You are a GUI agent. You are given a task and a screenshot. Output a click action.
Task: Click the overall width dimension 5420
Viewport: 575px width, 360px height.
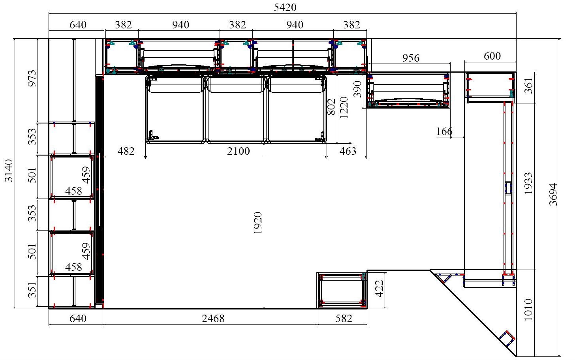click(x=285, y=8)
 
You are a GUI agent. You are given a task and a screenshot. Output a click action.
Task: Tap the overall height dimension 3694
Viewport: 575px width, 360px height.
click(x=554, y=194)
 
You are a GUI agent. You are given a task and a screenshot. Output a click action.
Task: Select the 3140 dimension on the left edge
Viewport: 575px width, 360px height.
click(x=9, y=171)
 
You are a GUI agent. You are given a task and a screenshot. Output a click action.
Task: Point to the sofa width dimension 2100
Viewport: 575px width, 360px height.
click(x=238, y=151)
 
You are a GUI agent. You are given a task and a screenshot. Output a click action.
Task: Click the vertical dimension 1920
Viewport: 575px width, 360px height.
click(x=258, y=223)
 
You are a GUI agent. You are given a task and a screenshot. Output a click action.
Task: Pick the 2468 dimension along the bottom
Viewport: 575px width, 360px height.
click(x=213, y=319)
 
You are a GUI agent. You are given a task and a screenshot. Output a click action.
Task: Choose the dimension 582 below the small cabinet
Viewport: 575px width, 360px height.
click(x=344, y=319)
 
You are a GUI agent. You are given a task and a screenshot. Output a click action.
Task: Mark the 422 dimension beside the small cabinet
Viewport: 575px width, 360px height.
click(x=379, y=289)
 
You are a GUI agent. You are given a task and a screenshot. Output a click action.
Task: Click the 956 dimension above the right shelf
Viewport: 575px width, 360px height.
click(x=411, y=58)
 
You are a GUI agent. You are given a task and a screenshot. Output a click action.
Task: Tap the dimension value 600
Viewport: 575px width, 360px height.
click(x=492, y=56)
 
